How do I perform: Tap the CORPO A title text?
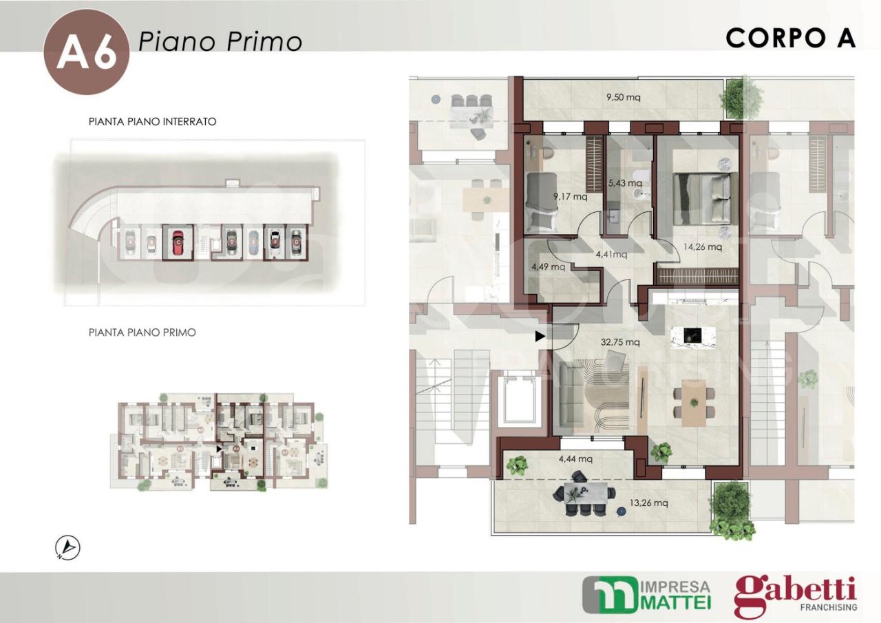[x=790, y=39]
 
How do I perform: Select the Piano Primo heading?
[x=220, y=41]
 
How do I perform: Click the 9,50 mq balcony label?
[x=623, y=97]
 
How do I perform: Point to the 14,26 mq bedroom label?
[x=703, y=246]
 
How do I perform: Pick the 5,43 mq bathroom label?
[x=625, y=183]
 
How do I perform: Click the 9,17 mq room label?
[x=571, y=196]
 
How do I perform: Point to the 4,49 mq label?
[x=548, y=266]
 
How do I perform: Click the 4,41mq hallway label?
[x=611, y=254]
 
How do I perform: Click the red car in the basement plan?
[x=178, y=242]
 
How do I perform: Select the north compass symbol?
[x=67, y=547]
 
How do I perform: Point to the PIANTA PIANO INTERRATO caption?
[x=153, y=122]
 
